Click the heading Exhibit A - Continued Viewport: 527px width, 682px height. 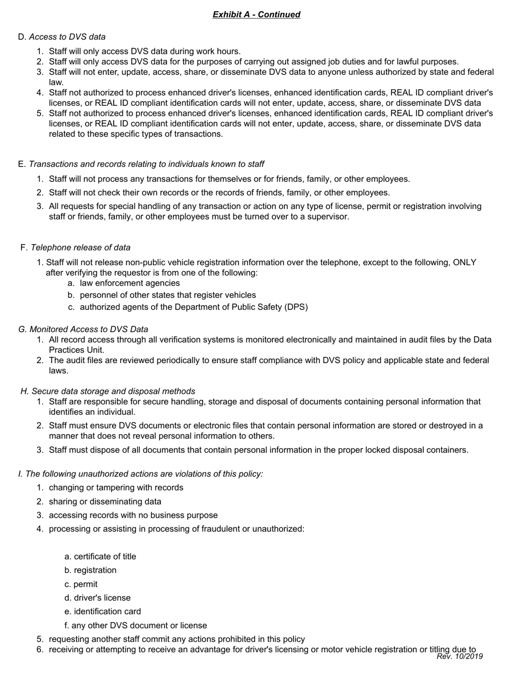[x=256, y=14]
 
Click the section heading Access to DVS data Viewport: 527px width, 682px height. [x=67, y=37]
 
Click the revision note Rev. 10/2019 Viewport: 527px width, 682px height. [x=459, y=656]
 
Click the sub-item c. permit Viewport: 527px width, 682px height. [x=81, y=584]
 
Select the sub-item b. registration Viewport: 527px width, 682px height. [x=90, y=570]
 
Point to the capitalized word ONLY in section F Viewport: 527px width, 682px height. [x=464, y=262]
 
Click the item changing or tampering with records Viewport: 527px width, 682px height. [x=116, y=487]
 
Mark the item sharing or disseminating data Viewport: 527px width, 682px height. [x=105, y=501]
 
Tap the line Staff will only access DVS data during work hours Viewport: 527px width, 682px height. [x=144, y=51]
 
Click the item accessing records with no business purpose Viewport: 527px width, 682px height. [x=133, y=515]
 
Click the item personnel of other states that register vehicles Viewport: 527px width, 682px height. [x=168, y=295]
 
